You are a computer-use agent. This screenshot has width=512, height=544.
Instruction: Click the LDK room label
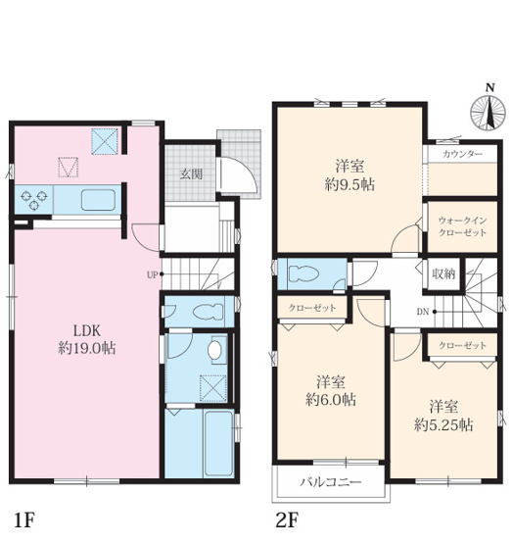pyautogui.click(x=86, y=331)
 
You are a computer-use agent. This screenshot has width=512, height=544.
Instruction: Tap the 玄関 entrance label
pyautogui.click(x=191, y=174)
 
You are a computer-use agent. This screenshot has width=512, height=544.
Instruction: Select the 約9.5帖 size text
pyautogui.click(x=349, y=185)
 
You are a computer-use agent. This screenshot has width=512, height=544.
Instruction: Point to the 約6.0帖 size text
pyautogui.click(x=331, y=400)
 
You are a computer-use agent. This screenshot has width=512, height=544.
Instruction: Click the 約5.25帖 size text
pyautogui.click(x=443, y=425)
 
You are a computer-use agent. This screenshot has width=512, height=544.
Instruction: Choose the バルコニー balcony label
pyautogui.click(x=331, y=482)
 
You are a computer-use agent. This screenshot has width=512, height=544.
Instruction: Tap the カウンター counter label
pyautogui.click(x=462, y=154)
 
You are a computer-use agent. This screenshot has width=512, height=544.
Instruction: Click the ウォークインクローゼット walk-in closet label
pyautogui.click(x=462, y=226)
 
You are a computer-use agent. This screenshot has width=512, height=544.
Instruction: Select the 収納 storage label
pyautogui.click(x=443, y=274)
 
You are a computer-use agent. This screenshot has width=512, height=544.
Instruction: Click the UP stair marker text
pyautogui.click(x=153, y=275)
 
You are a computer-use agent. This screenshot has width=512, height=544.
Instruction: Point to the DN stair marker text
pyautogui.click(x=423, y=312)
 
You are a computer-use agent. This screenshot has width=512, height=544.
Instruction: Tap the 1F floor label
pyautogui.click(x=24, y=520)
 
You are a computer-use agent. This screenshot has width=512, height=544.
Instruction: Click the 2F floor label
pyautogui.click(x=287, y=520)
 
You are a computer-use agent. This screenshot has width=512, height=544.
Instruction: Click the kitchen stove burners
pyautogui.click(x=33, y=200)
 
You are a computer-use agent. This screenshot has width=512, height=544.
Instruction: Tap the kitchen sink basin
pyautogui.click(x=98, y=200)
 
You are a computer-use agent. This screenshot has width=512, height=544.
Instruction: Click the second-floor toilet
pyautogui.click(x=303, y=274)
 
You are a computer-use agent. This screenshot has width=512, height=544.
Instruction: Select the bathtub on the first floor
pyautogui.click(x=218, y=444)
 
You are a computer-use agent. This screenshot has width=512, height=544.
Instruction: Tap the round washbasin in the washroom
pyautogui.click(x=214, y=350)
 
